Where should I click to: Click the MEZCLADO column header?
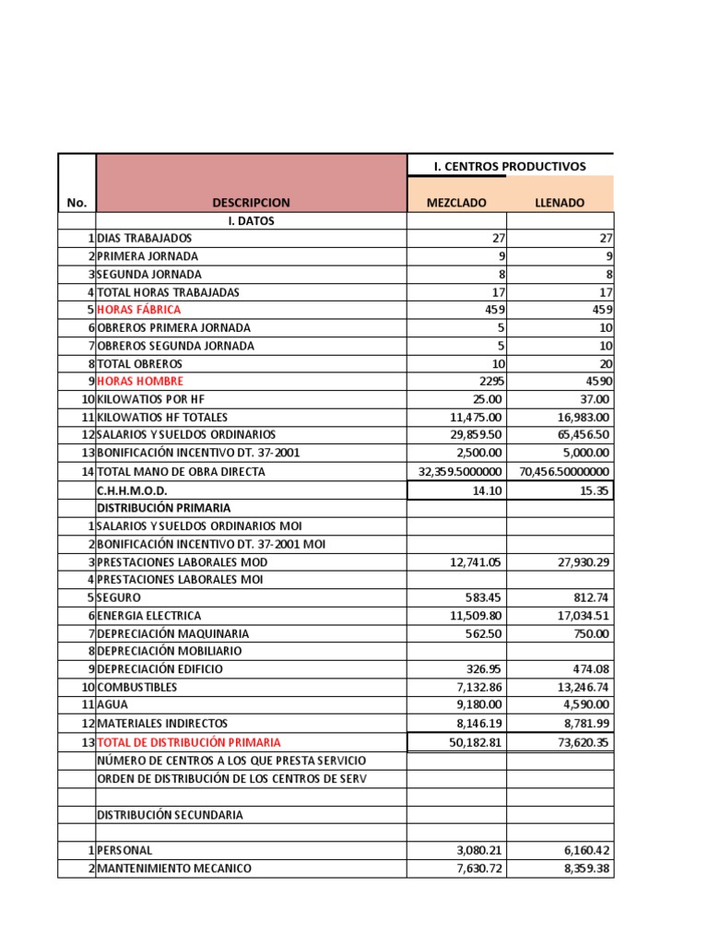coord(455,203)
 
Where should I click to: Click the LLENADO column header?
coord(559,203)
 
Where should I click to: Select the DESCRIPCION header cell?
coord(251,203)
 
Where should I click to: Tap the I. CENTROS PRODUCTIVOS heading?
coord(510,167)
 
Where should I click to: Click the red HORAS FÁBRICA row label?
coord(139,310)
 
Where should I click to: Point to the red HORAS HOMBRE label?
coord(140,381)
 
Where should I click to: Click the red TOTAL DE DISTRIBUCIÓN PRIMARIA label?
coord(189,742)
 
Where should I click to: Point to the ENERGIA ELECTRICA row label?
coord(148,616)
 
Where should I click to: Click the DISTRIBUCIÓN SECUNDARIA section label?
coord(171,815)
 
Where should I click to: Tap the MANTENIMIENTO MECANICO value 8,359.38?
coord(584,868)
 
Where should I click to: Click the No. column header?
coord(76,203)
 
